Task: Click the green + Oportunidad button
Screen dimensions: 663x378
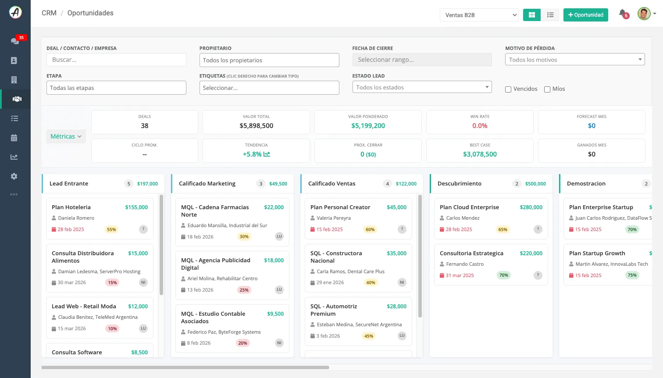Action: point(585,15)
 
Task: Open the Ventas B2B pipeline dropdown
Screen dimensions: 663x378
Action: point(479,15)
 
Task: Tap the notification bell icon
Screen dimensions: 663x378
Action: point(622,13)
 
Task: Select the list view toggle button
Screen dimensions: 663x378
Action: point(550,15)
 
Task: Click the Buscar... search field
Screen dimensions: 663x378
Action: point(116,60)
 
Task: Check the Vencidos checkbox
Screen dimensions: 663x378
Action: point(508,89)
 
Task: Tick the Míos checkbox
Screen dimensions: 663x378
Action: point(547,89)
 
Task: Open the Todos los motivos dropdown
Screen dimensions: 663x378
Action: point(575,60)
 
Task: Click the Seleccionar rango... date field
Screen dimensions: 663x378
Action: point(422,60)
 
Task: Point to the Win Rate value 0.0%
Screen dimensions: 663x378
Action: point(480,125)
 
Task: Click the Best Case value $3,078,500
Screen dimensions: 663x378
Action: point(480,154)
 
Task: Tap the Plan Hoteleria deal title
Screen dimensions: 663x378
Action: point(71,207)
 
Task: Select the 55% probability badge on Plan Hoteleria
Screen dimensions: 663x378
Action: point(111,229)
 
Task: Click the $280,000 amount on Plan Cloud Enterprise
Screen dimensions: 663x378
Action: point(531,207)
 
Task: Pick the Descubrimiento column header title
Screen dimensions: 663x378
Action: point(460,183)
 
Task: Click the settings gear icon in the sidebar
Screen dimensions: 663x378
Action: point(14,176)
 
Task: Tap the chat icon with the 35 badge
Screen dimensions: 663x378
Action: point(15,41)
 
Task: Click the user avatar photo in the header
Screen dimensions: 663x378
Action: point(644,14)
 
